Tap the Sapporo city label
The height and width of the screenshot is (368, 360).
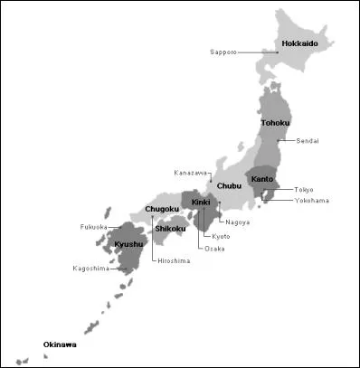223,52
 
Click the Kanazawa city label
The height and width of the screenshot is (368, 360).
191,173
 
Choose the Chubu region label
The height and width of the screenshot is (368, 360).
230,186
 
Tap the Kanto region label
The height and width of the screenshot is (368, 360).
262,179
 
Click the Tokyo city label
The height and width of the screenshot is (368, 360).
304,190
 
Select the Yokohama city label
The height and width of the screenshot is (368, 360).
310,200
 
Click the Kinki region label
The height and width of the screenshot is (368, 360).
201,203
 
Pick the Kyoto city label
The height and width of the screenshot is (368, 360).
222,236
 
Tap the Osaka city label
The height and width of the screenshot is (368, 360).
214,248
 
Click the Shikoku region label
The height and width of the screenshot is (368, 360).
170,229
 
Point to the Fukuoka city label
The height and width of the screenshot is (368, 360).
93,227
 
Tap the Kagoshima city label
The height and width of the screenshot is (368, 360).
90,269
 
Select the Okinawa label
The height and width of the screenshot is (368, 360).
60,344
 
